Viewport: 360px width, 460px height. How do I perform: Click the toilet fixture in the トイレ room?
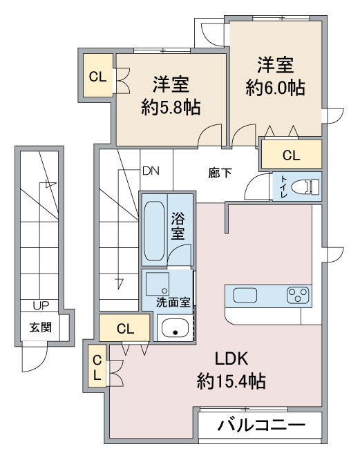coord(306,186)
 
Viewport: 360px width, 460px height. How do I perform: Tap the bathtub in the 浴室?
coord(155,231)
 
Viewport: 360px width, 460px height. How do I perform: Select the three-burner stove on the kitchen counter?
coord(298,295)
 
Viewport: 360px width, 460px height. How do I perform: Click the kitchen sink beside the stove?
coord(245,295)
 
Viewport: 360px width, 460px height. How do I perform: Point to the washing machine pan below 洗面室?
coord(175,327)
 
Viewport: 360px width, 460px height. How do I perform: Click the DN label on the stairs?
coord(151,171)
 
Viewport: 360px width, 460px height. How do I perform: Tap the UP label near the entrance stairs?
coord(41,306)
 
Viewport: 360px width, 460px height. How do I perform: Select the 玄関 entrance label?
coord(41,327)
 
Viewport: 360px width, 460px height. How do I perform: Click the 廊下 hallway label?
coord(220,173)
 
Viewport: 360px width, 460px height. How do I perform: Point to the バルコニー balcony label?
coord(261,425)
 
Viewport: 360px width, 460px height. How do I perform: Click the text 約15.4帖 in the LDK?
coord(231,381)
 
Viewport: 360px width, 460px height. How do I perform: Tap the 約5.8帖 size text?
coord(171,107)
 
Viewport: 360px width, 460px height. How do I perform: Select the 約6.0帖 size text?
coord(275,87)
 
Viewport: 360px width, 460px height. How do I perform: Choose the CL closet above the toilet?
coord(292,155)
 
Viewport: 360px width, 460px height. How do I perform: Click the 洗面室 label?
coord(173,302)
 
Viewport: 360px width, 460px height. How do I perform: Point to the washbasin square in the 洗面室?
coord(158,284)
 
